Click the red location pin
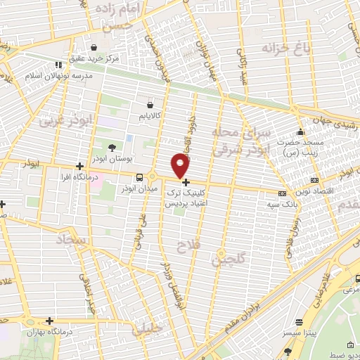pyautogui.click(x=181, y=166)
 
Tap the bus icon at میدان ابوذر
pyautogui.click(x=139, y=177)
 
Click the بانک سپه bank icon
pyautogui.click(x=282, y=193)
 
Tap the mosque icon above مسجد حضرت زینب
pyautogui.click(x=301, y=131)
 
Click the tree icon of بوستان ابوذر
pyautogui.click(x=112, y=148)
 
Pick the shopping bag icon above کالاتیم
pyautogui.click(x=150, y=103)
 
